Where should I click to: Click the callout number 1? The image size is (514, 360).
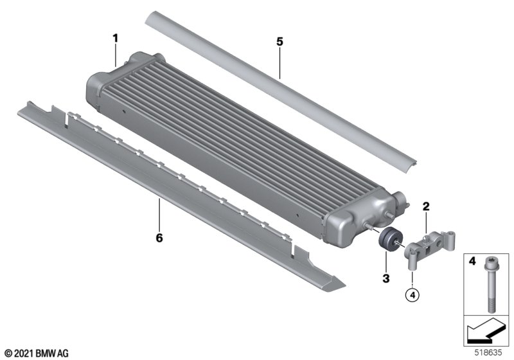[x=115, y=39]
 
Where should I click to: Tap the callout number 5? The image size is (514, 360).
[x=279, y=42]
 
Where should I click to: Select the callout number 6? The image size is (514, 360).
[x=159, y=238]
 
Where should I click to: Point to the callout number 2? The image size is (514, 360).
[x=426, y=206]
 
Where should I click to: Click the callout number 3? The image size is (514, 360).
[x=386, y=279]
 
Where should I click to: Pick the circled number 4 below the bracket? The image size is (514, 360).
[x=412, y=295]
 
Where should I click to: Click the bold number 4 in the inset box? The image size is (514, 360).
[x=472, y=261]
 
